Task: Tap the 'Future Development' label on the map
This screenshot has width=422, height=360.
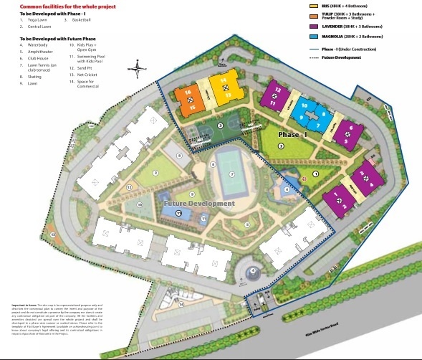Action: (x=198, y=204)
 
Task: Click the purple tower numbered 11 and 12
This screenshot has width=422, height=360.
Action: (x=274, y=97)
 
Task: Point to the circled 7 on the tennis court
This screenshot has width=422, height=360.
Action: (x=231, y=174)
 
